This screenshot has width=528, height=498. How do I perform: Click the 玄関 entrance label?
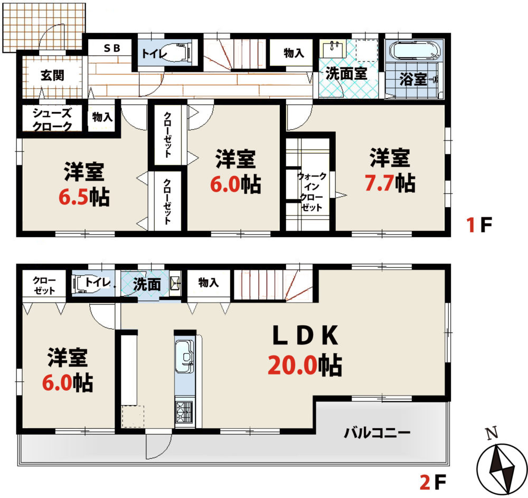pos(52,76)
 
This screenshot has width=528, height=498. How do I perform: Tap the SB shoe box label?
pos(112,48)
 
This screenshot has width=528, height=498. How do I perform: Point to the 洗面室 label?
pos(346,73)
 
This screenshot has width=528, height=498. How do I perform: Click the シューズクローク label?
pos(52,119)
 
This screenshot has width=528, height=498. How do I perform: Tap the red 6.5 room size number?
pos(73,197)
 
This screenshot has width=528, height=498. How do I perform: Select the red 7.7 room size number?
pos(380,183)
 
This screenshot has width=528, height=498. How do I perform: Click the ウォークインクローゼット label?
pos(312,192)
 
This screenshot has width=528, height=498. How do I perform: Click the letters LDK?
pos(305,336)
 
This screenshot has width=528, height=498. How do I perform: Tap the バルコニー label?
pos(377,433)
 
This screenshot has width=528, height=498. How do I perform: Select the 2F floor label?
pos(433,482)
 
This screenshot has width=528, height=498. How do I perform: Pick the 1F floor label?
pos(479,225)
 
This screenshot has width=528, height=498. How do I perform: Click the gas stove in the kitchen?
pos(184,413)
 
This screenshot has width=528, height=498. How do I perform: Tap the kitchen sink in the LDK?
pos(184,356)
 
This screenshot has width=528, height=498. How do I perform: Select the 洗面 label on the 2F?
pos(147,285)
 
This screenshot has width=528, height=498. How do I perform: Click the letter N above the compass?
pos(493,434)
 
